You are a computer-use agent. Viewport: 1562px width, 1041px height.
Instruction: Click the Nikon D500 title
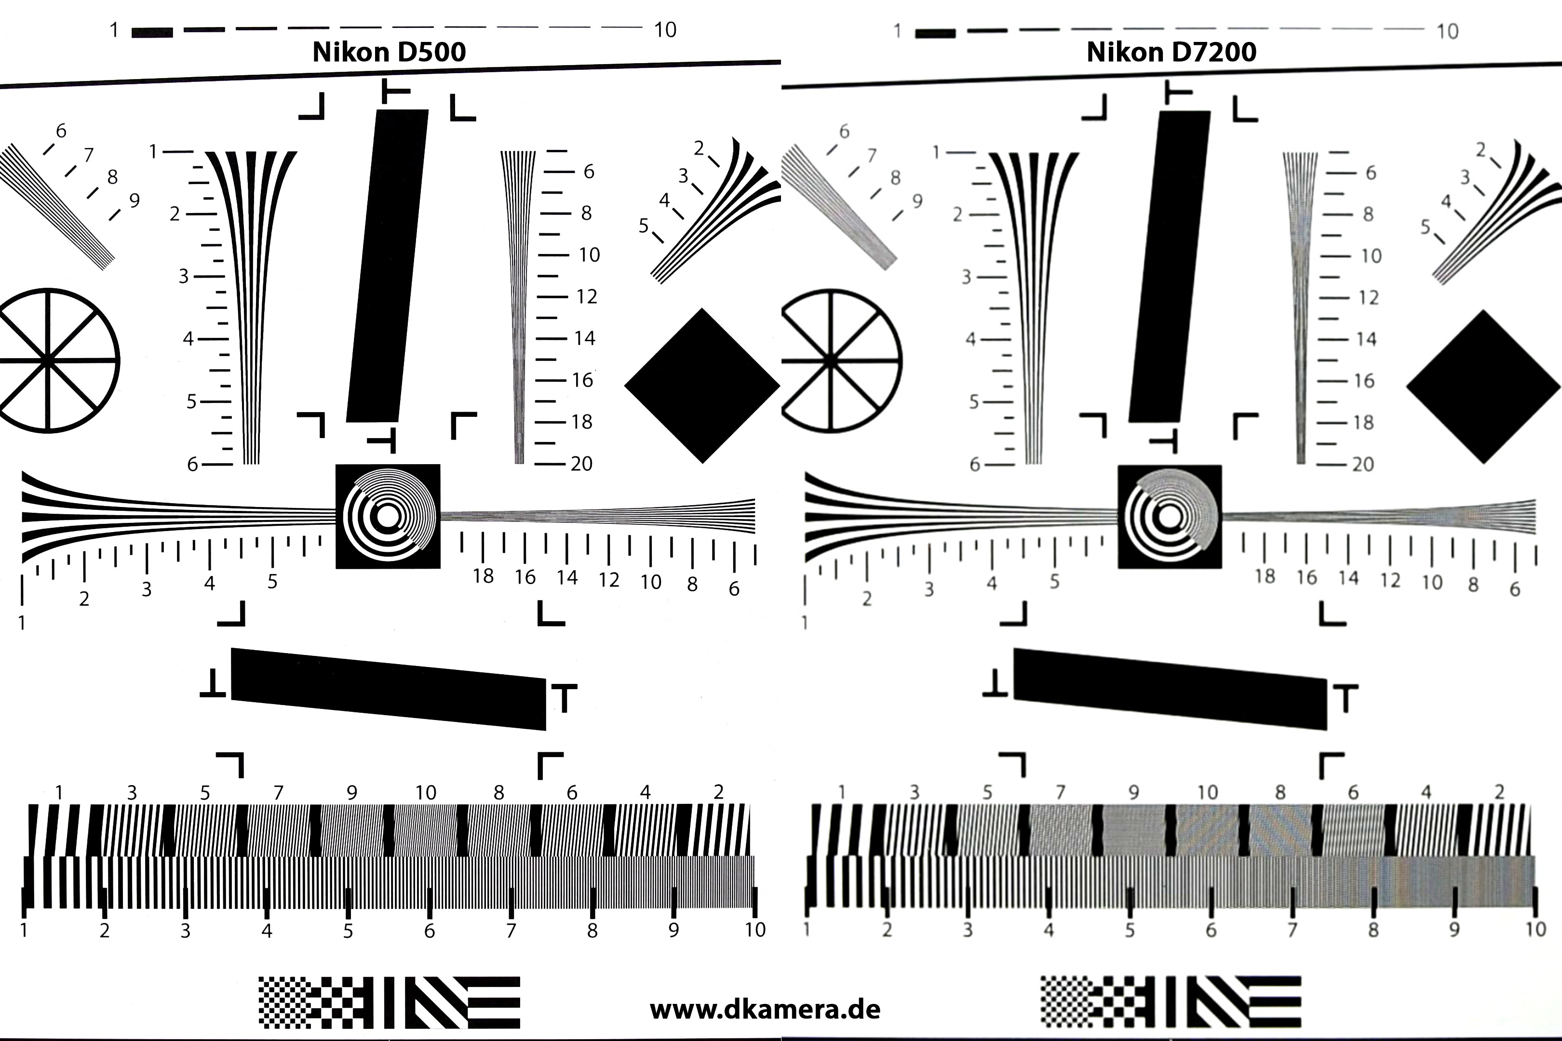[x=389, y=52]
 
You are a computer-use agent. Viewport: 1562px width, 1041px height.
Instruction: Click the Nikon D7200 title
[x=1171, y=52]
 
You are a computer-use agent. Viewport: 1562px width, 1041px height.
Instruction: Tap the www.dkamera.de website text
[x=765, y=1010]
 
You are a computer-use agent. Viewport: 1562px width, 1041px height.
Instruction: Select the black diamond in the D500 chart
[x=702, y=385]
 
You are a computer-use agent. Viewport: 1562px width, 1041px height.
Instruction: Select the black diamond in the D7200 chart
[x=1483, y=387]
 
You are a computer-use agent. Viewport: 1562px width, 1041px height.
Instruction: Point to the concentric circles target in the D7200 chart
[x=1170, y=517]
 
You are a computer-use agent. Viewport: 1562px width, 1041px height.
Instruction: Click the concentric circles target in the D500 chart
[x=388, y=517]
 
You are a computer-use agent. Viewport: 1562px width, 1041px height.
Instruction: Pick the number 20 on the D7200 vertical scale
[x=1363, y=464]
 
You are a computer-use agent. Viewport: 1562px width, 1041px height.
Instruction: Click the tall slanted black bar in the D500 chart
[x=387, y=266]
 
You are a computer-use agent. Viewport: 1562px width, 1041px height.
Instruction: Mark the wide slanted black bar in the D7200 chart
[x=1170, y=689]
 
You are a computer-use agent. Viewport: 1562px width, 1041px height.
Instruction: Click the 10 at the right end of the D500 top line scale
[x=665, y=30]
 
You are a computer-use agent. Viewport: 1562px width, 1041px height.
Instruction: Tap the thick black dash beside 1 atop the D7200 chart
[x=935, y=33]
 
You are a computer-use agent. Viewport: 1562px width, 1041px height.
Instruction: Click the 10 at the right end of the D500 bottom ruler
[x=755, y=930]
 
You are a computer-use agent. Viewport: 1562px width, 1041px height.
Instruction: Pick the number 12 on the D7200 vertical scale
[x=1368, y=297]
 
